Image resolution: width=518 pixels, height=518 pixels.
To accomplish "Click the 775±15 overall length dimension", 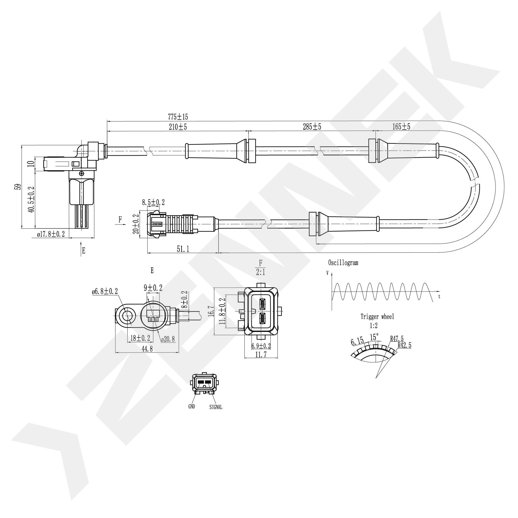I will tap(178, 117).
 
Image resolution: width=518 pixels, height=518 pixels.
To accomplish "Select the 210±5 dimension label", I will tap(178, 127).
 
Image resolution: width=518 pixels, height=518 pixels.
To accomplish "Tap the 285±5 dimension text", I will tap(312, 127).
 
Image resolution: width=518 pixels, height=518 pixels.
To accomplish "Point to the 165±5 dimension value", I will tap(401, 127).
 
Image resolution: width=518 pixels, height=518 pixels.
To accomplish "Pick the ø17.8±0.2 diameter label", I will tap(51, 234).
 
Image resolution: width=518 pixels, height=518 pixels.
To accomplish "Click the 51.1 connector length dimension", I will tap(183, 249).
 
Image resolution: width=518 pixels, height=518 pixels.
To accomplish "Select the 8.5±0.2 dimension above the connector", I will tap(153, 202).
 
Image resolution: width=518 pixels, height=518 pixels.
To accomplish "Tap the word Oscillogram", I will tap(343, 263).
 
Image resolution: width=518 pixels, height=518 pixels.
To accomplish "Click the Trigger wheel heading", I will tap(377, 316).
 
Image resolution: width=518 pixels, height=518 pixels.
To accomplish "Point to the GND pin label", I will tap(192, 406).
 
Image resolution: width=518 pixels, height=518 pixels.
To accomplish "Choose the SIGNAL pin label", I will tap(216, 407).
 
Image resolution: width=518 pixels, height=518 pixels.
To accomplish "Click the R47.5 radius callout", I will tap(397, 339).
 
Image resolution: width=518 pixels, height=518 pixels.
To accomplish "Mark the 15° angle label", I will tap(374, 337).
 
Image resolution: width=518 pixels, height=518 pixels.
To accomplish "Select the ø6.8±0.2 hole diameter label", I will tap(105, 291).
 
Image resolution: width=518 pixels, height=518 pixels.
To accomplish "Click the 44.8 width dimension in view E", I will tap(147, 349).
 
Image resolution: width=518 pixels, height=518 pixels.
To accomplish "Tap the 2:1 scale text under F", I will tap(260, 272).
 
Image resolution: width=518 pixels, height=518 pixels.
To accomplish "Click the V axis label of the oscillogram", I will tap(327, 273).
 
